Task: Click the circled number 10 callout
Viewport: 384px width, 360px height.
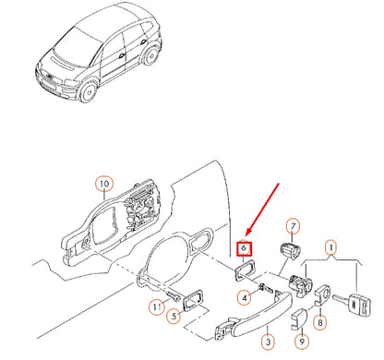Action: pos(104,184)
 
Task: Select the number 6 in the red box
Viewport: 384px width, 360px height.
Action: pos(244,248)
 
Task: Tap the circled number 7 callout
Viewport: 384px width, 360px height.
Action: pos(293,227)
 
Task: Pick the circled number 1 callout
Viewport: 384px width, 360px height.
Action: pos(331,247)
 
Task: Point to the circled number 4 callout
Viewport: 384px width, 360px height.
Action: pos(245,298)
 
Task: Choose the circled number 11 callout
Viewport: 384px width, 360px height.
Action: pos(157,306)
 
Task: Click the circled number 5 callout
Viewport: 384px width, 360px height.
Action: pos(174,316)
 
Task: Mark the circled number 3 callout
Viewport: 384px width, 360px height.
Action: pos(269,342)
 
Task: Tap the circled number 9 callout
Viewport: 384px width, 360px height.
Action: pos(302,342)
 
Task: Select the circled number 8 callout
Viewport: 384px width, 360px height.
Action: pos(320,322)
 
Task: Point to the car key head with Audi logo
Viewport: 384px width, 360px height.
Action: pos(360,304)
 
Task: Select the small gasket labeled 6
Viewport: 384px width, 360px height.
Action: pos(245,270)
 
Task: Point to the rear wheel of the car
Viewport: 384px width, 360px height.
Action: pos(151,56)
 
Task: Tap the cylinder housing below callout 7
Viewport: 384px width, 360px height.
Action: pos(290,248)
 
